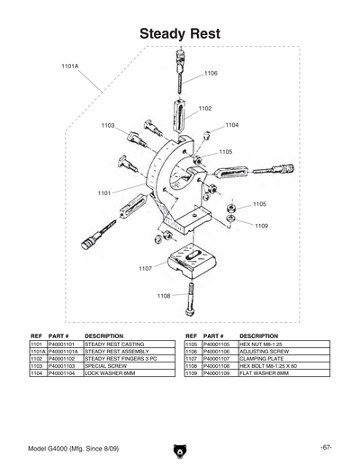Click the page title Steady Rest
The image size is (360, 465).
[180, 34]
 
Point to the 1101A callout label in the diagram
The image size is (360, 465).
[70, 67]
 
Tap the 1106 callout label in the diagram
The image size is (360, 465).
[211, 73]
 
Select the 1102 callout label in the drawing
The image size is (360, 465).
[204, 108]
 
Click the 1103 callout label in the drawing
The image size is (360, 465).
[108, 126]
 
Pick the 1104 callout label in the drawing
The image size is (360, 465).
[231, 125]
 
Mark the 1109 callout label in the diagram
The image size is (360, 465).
[261, 226]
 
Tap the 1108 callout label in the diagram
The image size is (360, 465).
[164, 295]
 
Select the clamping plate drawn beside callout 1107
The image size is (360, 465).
[192, 260]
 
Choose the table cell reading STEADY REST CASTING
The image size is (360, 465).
[113, 344]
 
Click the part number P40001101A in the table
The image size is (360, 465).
[64, 351]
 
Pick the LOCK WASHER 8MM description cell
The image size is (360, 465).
[110, 372]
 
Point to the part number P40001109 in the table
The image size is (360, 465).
[219, 372]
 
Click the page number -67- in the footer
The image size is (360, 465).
[326, 447]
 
